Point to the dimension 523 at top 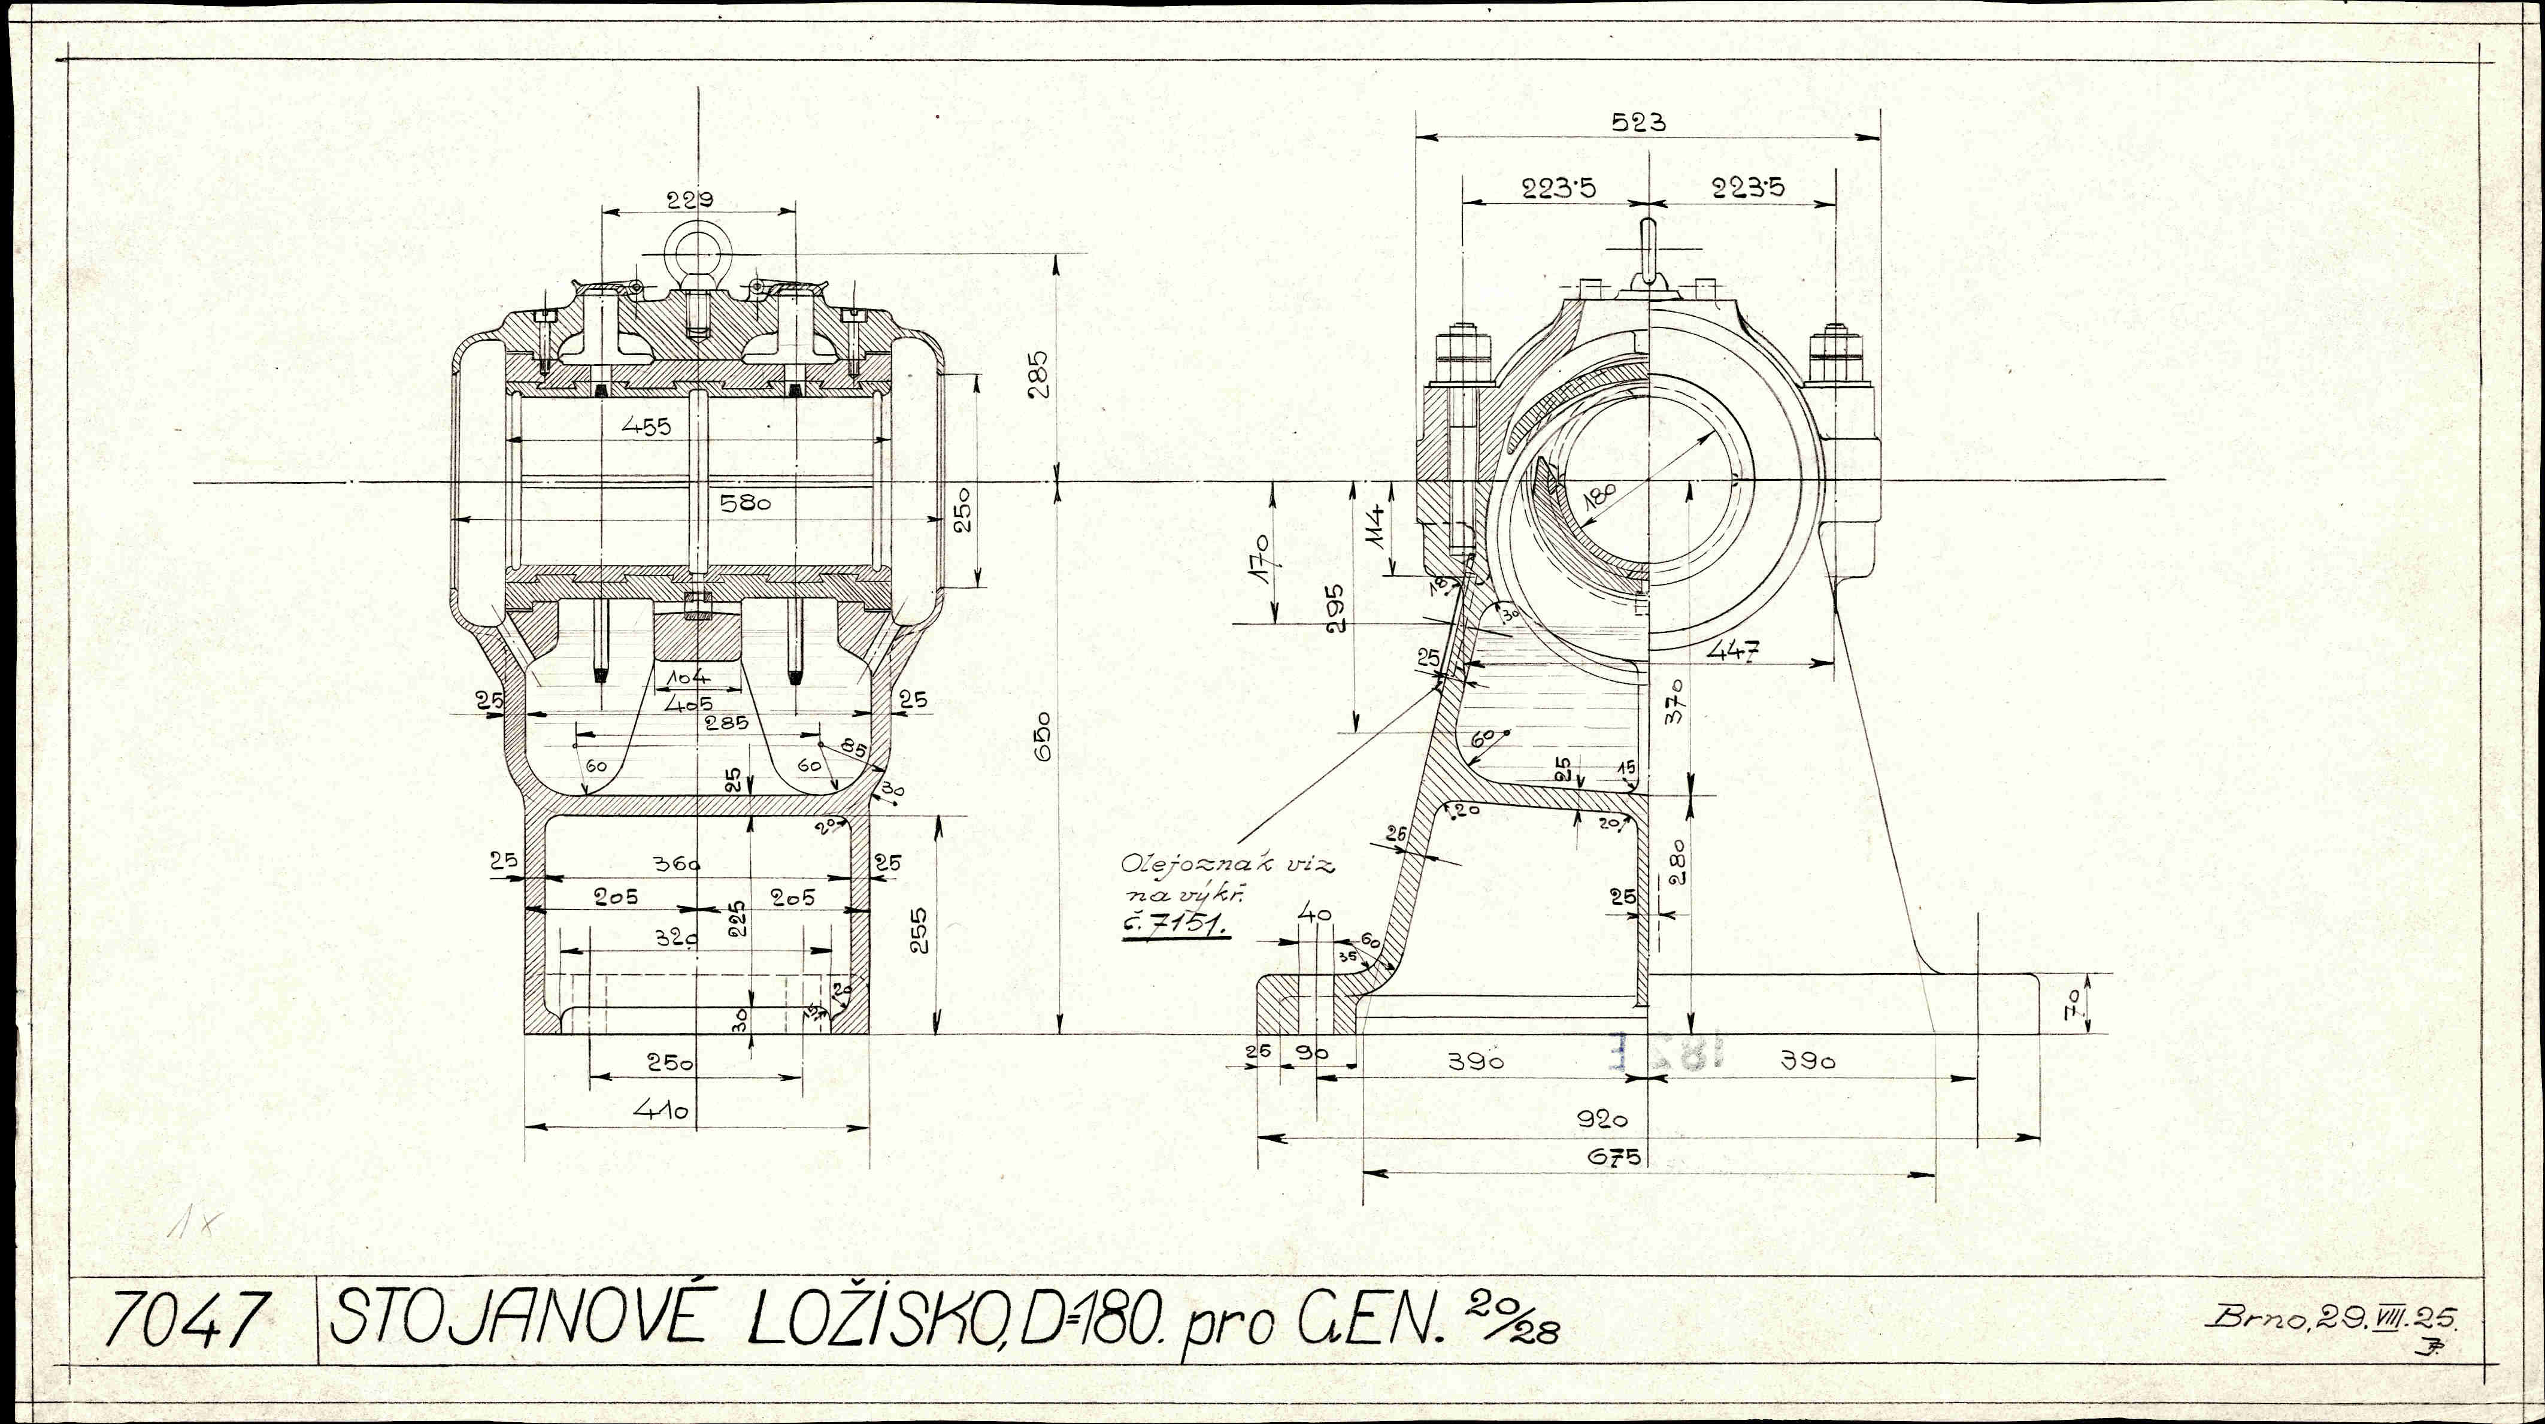click(1638, 123)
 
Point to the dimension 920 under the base click(1601, 1120)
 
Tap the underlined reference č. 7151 click(1175, 926)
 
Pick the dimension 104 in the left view click(689, 678)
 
